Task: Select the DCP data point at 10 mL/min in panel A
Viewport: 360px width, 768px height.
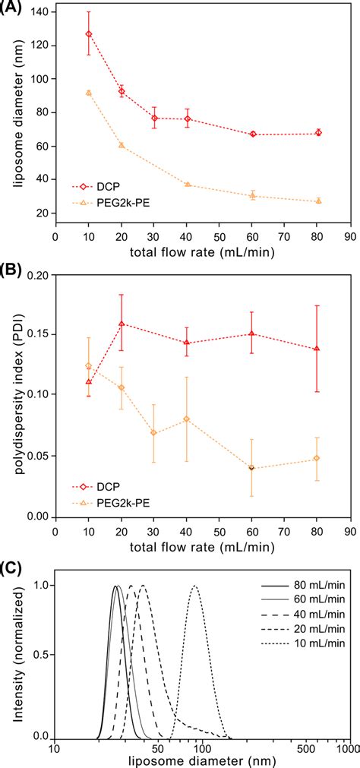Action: pyautogui.click(x=89, y=34)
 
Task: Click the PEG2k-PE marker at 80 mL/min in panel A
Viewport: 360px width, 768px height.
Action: pyautogui.click(x=318, y=201)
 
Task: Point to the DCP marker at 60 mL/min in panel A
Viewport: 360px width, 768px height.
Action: pyautogui.click(x=273, y=134)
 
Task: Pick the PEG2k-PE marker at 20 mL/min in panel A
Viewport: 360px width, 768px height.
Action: pyautogui.click(x=122, y=145)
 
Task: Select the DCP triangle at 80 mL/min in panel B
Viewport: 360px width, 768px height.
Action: pyautogui.click(x=317, y=349)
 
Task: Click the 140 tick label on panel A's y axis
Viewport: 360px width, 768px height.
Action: pyautogui.click(x=39, y=12)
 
